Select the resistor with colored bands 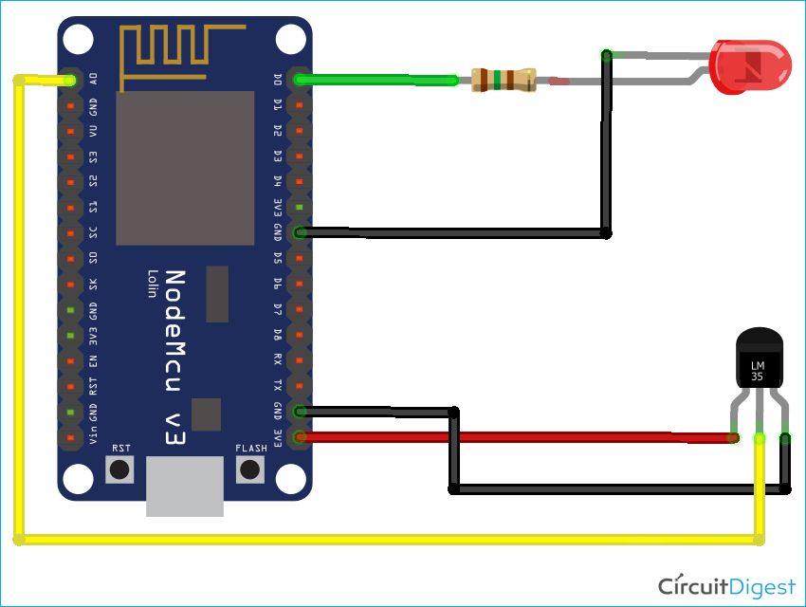point(504,81)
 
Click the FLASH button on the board point(250,469)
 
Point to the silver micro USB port point(185,487)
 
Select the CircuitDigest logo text point(726,583)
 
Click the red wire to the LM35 point(512,437)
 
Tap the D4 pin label point(278,181)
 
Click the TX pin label point(278,386)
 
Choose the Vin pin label point(93,435)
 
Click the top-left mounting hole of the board point(79,40)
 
